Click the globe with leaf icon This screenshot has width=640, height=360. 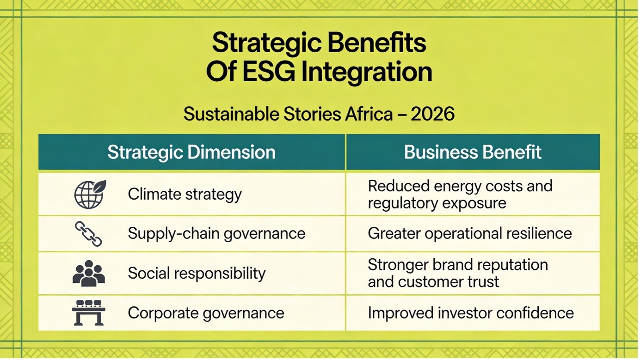point(90,194)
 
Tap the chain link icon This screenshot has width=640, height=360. point(88,234)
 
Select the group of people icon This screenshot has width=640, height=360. point(89,273)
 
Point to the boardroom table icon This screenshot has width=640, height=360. point(89,312)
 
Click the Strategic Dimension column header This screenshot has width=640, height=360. point(191,152)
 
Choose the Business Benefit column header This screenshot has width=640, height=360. point(473,152)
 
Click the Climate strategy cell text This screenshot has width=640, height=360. point(185,195)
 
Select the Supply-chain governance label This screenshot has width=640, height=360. point(216,234)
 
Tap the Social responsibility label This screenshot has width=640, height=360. point(197,273)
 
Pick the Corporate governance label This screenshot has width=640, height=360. point(206,313)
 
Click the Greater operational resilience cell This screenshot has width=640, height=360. point(470,234)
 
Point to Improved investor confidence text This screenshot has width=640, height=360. point(471,313)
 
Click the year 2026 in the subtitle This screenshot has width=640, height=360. point(432,114)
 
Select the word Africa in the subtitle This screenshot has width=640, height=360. point(369,114)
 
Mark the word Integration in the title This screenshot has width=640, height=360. point(367,73)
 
